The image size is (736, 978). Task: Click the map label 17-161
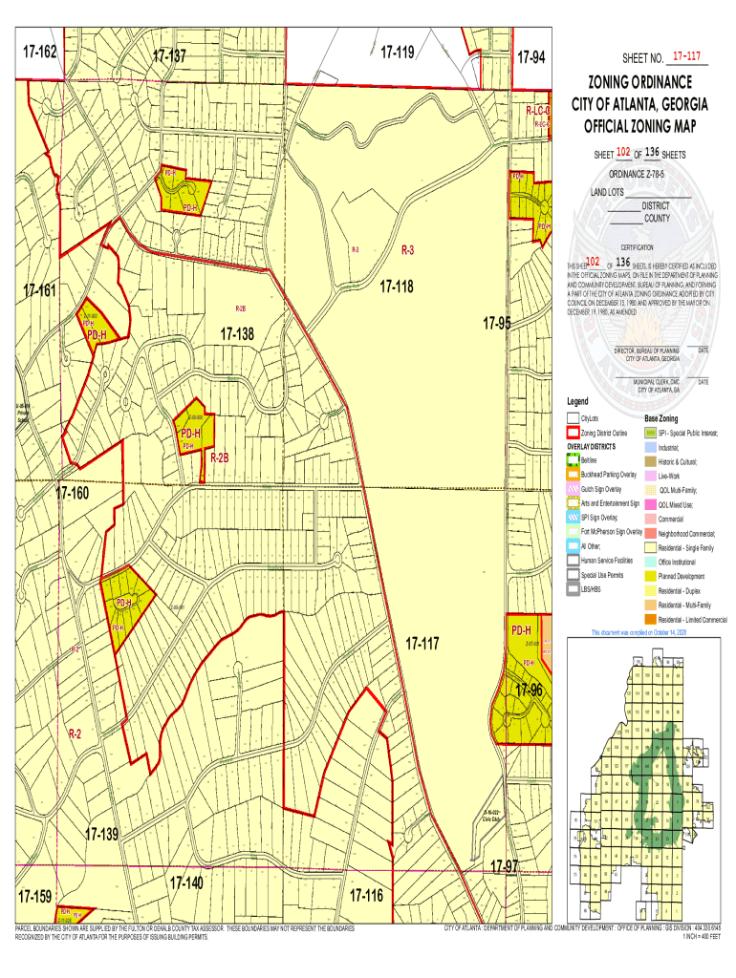(x=40, y=289)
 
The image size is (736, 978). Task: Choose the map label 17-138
(x=237, y=334)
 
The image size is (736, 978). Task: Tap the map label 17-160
(x=72, y=494)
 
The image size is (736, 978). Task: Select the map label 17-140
(x=185, y=882)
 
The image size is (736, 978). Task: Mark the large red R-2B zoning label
(x=219, y=458)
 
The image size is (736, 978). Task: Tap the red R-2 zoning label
(x=75, y=733)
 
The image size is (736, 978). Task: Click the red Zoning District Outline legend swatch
(x=573, y=433)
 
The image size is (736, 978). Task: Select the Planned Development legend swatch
(x=650, y=577)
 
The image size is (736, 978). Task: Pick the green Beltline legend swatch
(x=573, y=460)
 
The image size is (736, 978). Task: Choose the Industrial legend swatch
(x=650, y=447)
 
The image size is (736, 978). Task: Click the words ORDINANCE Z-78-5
(x=648, y=174)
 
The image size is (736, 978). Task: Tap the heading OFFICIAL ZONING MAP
(x=648, y=127)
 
